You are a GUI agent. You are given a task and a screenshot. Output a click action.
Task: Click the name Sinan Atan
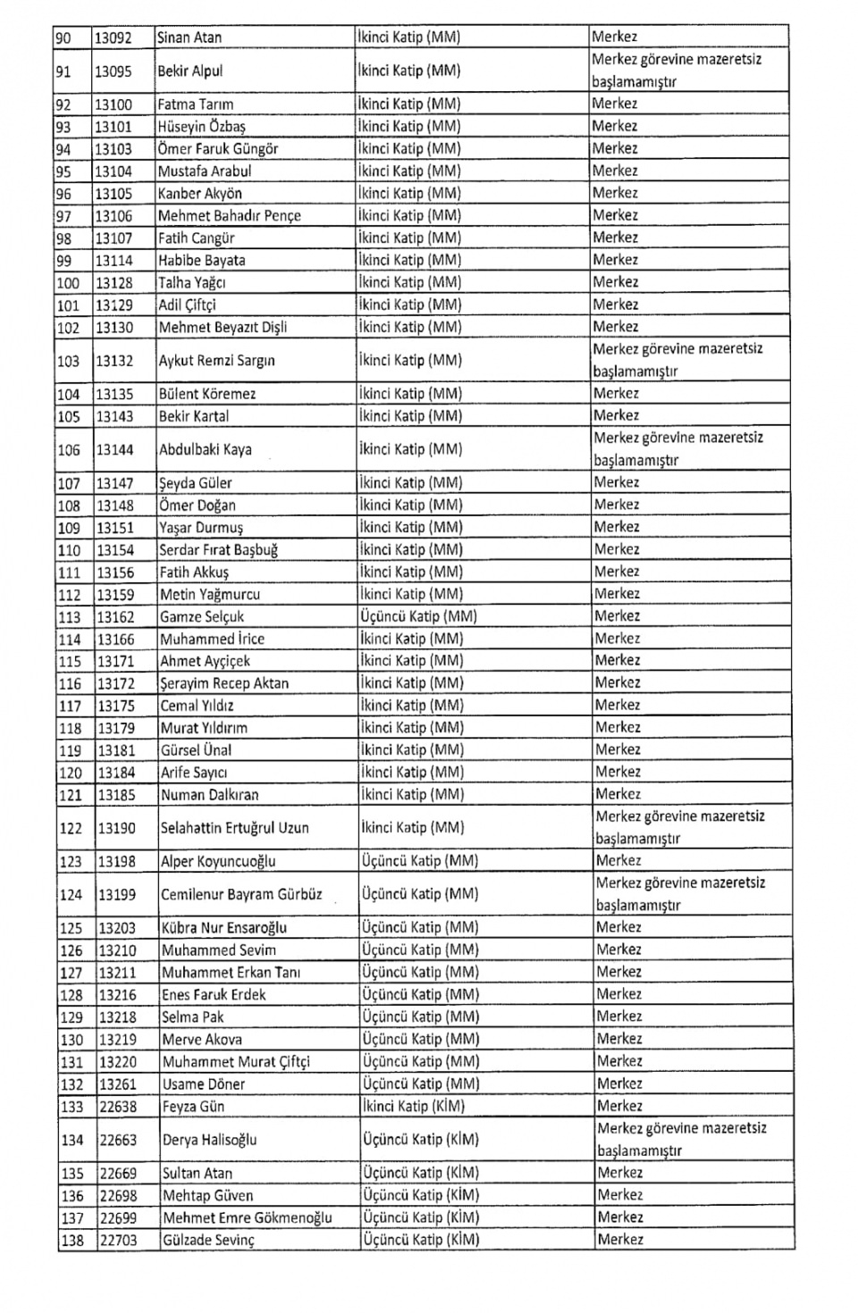pos(189,38)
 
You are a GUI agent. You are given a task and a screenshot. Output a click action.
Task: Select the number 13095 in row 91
pos(114,71)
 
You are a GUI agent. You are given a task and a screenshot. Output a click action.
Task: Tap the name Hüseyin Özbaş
pos(201,127)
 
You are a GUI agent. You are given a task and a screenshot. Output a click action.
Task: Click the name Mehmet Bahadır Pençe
pos(229,216)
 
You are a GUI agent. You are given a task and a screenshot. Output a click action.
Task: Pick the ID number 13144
pos(115,450)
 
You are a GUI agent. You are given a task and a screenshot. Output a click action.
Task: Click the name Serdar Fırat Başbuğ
pos(218,550)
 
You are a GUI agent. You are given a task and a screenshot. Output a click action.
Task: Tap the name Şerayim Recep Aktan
pos(224,683)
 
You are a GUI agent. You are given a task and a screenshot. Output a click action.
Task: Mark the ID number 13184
pos(116,773)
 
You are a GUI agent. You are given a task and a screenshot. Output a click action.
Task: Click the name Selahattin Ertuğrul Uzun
pos(234,828)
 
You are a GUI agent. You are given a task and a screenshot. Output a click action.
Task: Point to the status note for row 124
pos(680,894)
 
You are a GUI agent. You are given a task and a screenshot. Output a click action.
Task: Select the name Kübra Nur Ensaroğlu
pos(224,928)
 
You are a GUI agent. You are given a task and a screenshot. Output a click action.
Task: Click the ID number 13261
pos(118,1084)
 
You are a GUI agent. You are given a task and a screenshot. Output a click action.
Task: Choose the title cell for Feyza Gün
pos(420,1107)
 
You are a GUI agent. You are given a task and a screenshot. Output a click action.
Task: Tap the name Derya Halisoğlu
pos(209,1140)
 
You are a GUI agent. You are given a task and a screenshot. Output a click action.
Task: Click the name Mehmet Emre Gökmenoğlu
pos(247,1217)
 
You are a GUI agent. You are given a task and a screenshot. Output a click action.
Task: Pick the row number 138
pos(71,1241)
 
